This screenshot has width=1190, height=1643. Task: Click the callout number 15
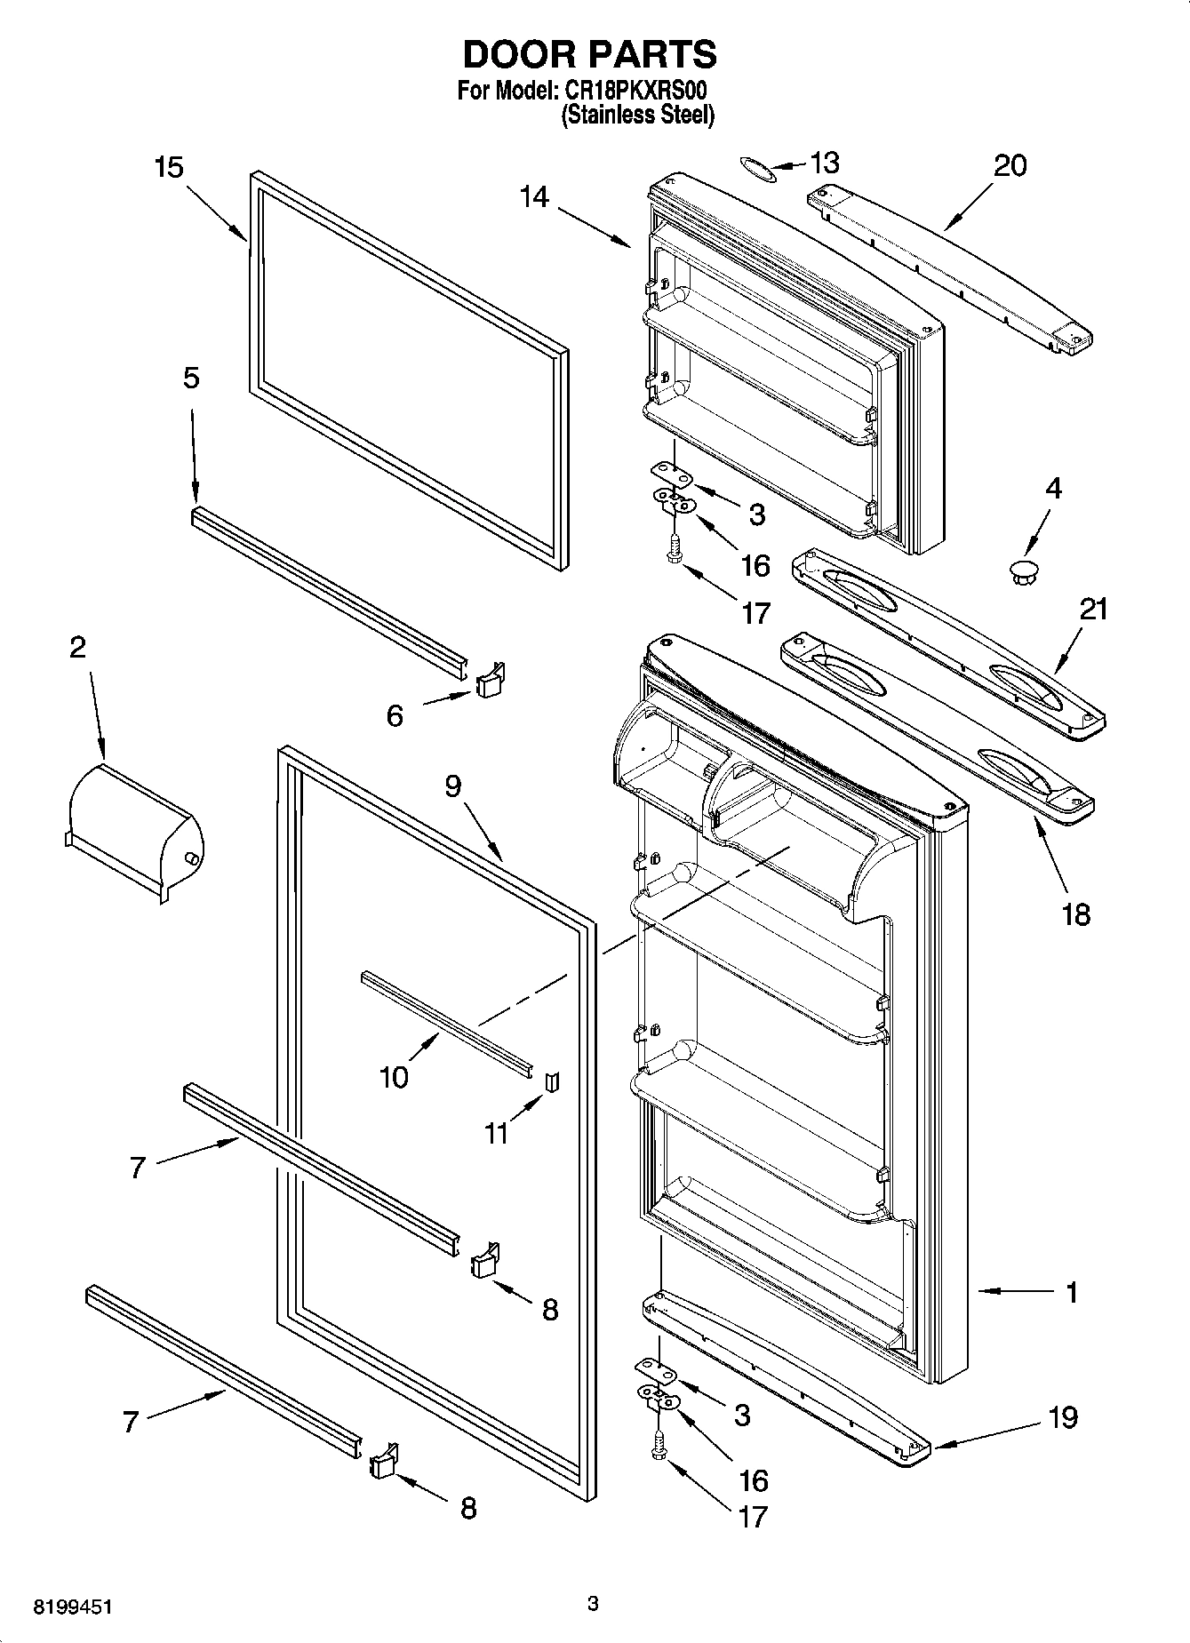(x=168, y=167)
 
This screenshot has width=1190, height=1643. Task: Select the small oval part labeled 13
(x=758, y=169)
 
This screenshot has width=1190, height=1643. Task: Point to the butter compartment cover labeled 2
(x=133, y=832)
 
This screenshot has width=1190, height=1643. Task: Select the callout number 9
(x=453, y=786)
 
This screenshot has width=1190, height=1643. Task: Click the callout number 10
(x=394, y=1077)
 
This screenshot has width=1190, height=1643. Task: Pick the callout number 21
(x=1094, y=609)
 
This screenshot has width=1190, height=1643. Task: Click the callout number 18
(x=1075, y=913)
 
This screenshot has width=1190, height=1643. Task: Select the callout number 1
(x=1072, y=1292)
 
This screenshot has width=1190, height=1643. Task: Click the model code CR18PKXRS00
(x=636, y=91)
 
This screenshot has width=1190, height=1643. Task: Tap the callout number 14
(x=534, y=197)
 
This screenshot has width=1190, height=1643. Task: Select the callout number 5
(x=191, y=378)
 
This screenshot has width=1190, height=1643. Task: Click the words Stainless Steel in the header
(x=637, y=115)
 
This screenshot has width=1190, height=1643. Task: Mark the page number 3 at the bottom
(x=593, y=1604)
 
